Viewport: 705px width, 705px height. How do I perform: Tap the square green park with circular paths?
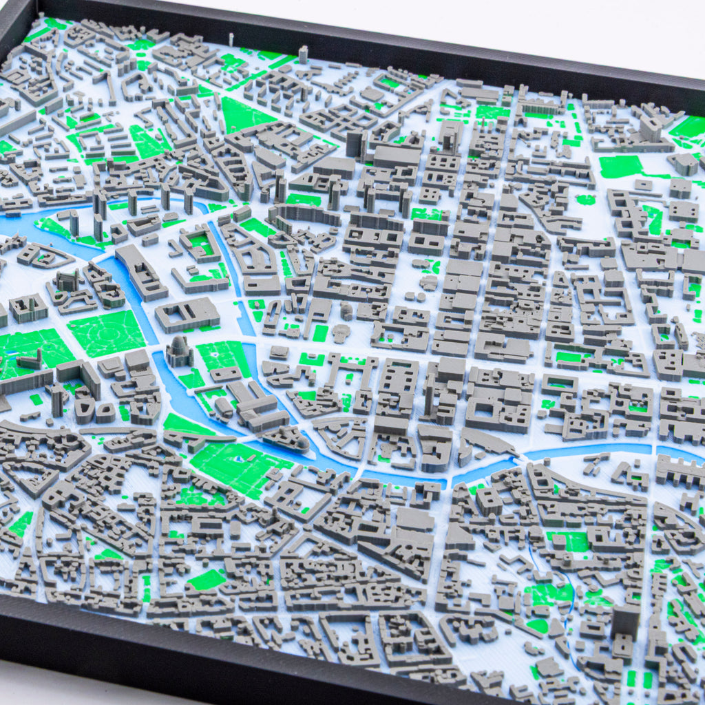pyautogui.click(x=107, y=333)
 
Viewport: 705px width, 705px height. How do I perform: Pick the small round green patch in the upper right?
pyautogui.click(x=586, y=199)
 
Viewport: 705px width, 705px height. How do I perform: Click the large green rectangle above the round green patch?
pyautogui.click(x=620, y=166)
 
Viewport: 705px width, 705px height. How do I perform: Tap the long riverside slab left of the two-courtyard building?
pyautogui.click(x=140, y=272)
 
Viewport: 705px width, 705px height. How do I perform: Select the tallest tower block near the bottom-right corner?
pyautogui.click(x=626, y=620)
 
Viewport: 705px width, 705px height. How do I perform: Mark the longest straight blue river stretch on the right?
pyautogui.click(x=585, y=451)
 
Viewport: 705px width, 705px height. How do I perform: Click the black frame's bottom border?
pyautogui.click(x=207, y=651)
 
